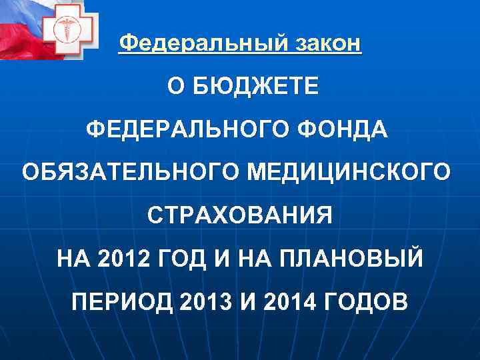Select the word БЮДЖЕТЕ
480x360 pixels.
pyautogui.click(x=257, y=87)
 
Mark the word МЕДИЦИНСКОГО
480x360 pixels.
pyautogui.click(x=349, y=172)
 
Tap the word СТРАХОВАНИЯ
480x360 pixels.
pyautogui.click(x=239, y=215)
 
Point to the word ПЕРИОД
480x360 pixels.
pyautogui.click(x=121, y=302)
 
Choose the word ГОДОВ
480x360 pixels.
pyautogui.click(x=367, y=302)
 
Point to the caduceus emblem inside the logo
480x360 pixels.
pyautogui.click(x=70, y=32)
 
